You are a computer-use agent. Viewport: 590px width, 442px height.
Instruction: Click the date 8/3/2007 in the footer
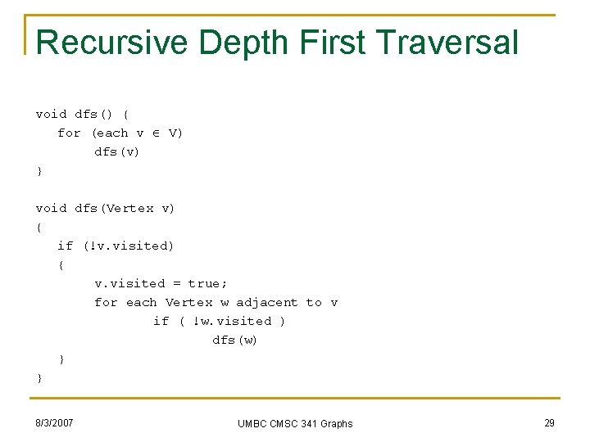55,423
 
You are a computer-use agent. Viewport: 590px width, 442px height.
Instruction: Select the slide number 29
549,423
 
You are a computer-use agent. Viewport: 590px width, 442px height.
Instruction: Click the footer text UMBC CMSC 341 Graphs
295,423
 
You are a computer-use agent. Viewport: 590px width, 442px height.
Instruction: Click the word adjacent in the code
267,302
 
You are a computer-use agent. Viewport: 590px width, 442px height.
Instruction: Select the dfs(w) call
234,340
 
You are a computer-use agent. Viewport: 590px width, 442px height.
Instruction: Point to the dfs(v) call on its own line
116,151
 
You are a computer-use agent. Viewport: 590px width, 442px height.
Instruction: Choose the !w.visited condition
231,321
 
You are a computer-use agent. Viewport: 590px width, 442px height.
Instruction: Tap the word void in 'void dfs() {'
51,114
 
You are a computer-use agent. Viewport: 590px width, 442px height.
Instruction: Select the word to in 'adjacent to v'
314,302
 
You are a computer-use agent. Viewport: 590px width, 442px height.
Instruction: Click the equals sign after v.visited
176,284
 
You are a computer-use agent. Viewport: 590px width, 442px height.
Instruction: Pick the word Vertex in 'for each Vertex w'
188,302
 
